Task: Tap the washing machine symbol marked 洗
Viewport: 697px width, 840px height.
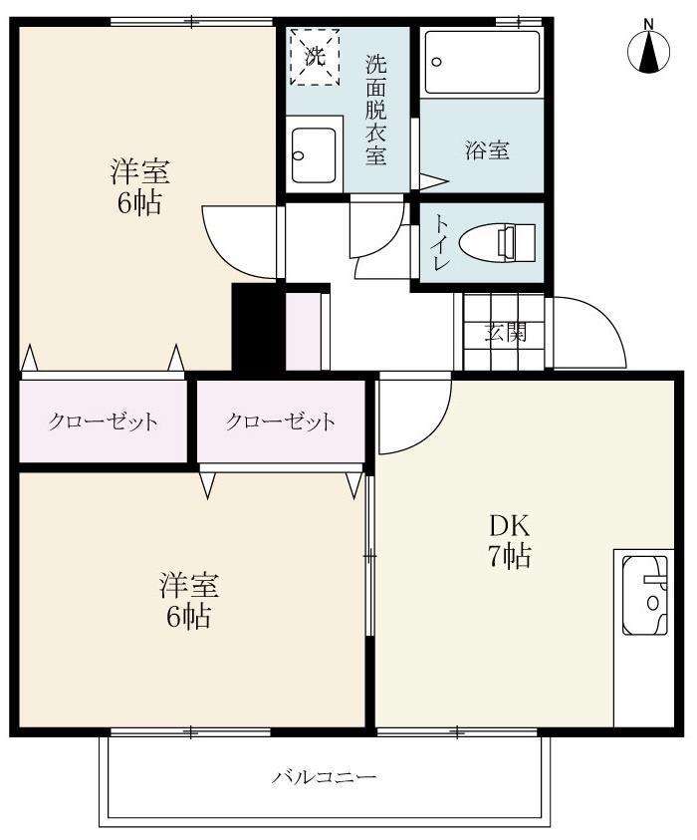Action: tap(315, 58)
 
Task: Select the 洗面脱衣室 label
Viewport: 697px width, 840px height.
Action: tap(375, 110)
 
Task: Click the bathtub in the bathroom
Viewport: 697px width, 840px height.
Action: tap(482, 62)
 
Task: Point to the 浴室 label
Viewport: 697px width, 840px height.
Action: tap(487, 151)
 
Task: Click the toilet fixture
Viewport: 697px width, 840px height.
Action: tap(509, 242)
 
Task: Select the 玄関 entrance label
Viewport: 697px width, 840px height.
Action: tap(505, 334)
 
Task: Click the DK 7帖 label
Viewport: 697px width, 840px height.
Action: tap(509, 540)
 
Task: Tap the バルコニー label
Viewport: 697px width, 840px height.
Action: tap(325, 776)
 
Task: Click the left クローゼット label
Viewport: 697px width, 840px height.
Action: tap(104, 420)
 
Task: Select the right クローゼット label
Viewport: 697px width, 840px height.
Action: tap(280, 420)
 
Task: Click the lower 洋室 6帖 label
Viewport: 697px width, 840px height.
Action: tap(189, 600)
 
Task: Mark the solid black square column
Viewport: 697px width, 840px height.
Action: tap(258, 327)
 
